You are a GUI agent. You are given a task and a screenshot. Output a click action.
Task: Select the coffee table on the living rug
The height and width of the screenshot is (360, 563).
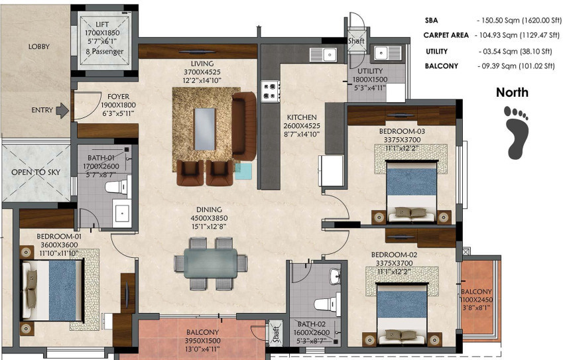tap(206, 129)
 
